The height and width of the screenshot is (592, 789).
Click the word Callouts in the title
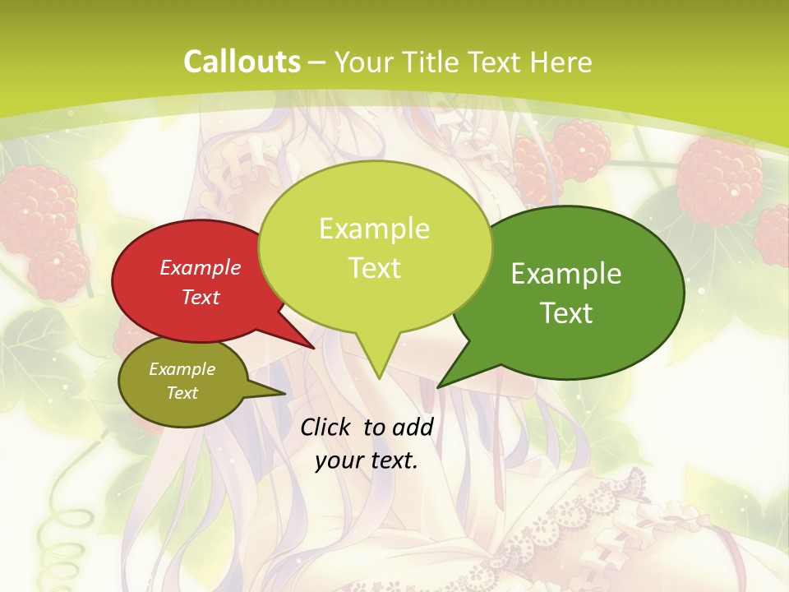(242, 62)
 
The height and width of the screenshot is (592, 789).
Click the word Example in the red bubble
(201, 267)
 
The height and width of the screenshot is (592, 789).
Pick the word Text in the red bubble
(201, 297)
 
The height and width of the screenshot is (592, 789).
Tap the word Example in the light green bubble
(374, 228)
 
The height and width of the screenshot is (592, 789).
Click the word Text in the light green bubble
(374, 267)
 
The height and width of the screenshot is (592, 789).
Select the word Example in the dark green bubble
(566, 273)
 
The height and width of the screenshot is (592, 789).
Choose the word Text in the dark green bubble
(566, 312)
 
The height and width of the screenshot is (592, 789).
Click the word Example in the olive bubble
(182, 369)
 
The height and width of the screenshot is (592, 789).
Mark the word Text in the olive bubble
(182, 393)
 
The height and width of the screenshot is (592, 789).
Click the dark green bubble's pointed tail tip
(438, 387)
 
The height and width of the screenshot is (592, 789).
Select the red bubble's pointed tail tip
(314, 348)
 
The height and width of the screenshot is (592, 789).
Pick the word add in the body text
(413, 427)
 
